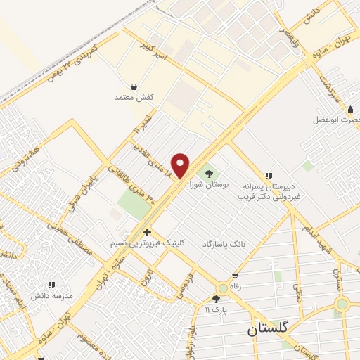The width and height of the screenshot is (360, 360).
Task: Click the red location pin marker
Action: point(181,165)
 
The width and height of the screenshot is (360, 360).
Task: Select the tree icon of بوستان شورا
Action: point(207,172)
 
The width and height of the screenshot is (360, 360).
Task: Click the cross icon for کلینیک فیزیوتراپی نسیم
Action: point(147,232)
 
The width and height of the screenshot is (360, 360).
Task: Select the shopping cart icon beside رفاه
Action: point(234,276)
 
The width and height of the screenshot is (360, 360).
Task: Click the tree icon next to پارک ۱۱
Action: point(216,299)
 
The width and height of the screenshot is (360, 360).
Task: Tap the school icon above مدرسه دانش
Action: point(51,285)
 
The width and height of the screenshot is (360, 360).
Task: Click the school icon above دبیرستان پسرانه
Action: point(267,176)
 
